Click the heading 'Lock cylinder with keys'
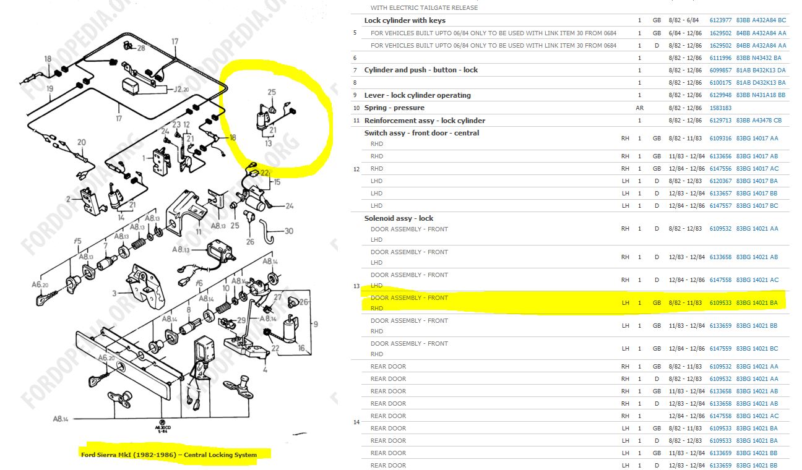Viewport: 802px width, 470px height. coord(405,20)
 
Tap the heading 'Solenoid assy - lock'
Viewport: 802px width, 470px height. coord(399,218)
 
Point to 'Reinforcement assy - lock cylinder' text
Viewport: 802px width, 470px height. coord(425,121)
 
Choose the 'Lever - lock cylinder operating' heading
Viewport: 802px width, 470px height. coord(418,95)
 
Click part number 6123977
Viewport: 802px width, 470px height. coord(720,20)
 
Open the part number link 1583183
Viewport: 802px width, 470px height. coord(720,108)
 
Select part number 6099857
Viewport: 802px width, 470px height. coord(720,70)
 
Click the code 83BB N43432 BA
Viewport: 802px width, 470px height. coord(759,58)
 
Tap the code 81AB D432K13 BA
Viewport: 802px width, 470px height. coord(761,83)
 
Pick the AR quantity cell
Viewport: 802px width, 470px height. coord(639,108)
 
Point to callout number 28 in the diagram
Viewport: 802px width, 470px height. coord(141,48)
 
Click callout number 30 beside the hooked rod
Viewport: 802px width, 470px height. coord(288,231)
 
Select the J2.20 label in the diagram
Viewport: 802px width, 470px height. coord(181,89)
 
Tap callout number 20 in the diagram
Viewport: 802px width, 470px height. coord(81,142)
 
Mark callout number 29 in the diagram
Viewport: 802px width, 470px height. coord(241,320)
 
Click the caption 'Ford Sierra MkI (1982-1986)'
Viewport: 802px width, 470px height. coord(129,455)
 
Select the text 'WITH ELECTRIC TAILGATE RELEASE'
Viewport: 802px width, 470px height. coord(424,8)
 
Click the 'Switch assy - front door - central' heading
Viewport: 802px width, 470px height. coord(421,133)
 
